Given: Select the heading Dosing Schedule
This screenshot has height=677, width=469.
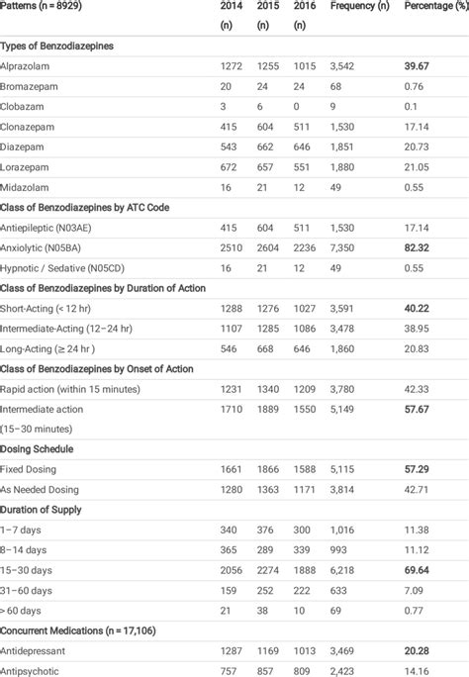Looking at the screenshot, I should pyautogui.click(x=42, y=447).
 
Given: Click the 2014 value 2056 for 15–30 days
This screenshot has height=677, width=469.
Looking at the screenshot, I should pyautogui.click(x=234, y=571).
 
